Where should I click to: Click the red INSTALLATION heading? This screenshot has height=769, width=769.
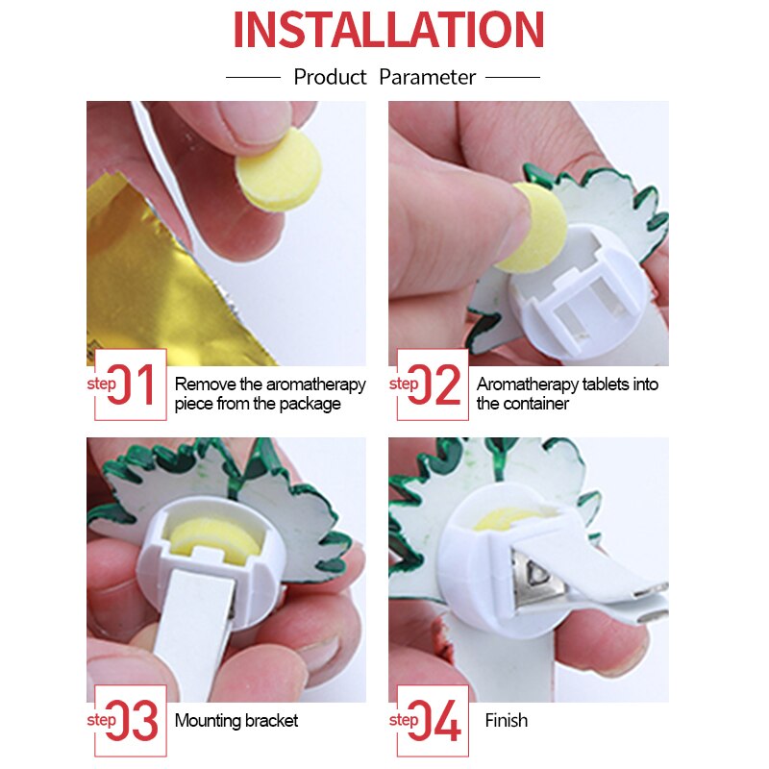coord(388,30)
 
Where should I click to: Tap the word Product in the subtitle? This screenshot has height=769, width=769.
coord(330,77)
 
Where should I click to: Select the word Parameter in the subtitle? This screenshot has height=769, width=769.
coord(427,77)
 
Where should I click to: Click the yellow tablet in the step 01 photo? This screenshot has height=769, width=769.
coord(279,170)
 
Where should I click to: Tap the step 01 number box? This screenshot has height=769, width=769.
coord(131,384)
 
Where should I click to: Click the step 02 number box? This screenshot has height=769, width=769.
coord(433,384)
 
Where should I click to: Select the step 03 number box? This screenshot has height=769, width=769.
coord(131,721)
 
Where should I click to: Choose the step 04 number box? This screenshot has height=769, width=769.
coord(433,721)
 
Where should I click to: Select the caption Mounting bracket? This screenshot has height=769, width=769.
coord(236,720)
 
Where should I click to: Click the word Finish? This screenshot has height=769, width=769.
coord(507,720)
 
